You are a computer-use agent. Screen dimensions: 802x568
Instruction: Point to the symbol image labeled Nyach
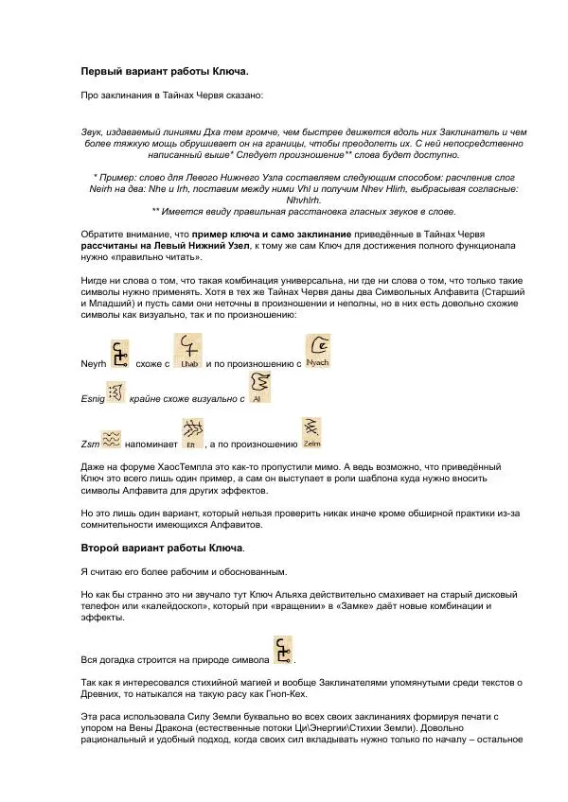tap(318, 354)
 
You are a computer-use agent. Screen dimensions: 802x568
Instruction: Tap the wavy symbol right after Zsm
tap(111, 438)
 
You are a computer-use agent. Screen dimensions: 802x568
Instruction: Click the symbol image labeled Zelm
tap(312, 433)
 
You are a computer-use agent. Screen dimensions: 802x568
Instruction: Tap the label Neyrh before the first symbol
tap(92, 363)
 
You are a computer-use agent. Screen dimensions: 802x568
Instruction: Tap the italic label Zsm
tap(88, 443)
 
